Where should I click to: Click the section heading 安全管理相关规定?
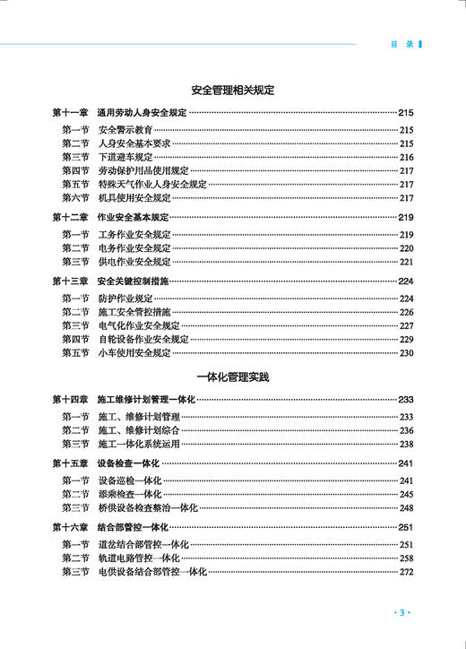[232, 91]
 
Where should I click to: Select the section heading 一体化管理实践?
[232, 376]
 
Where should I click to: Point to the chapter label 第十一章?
[70, 114]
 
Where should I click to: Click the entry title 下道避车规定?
[125, 157]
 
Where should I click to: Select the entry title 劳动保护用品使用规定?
[143, 170]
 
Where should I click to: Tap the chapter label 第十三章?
[70, 281]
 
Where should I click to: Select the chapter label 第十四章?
[70, 400]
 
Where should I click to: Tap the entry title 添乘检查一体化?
[129, 494]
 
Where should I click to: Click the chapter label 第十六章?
[70, 527]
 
